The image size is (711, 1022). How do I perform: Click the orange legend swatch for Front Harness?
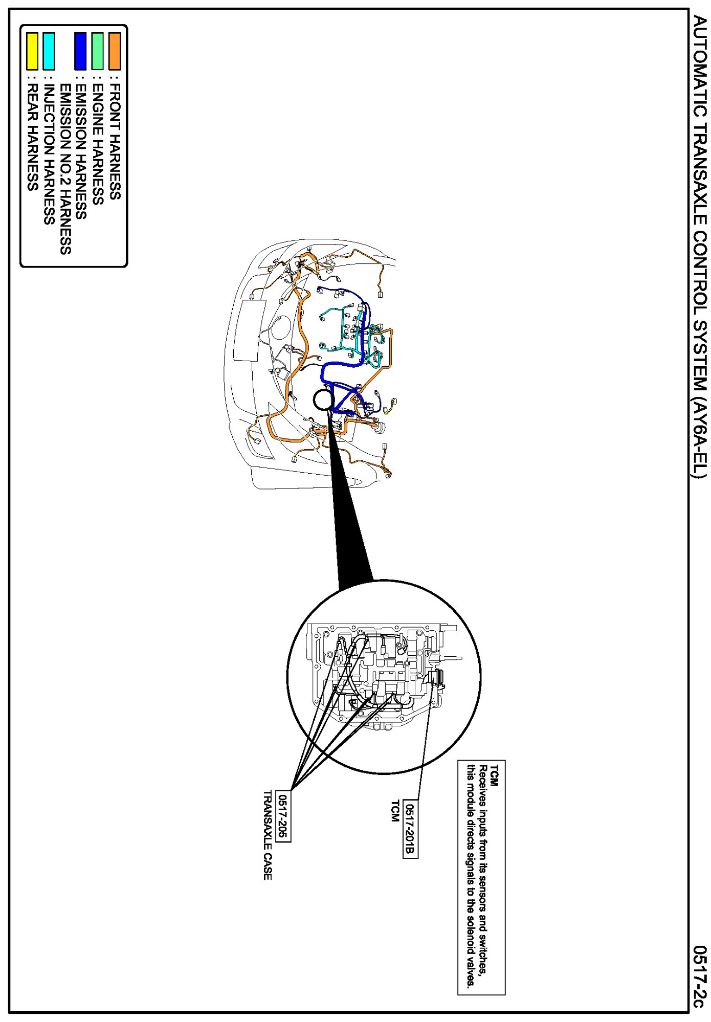(x=115, y=51)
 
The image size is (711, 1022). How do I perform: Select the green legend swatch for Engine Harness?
(x=97, y=51)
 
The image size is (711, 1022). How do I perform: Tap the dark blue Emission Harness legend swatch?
(x=80, y=51)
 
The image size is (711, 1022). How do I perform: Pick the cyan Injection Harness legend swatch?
(x=49, y=51)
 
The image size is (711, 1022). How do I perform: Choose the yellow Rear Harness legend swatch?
(x=32, y=51)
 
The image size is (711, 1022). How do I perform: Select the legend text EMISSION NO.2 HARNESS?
(x=65, y=169)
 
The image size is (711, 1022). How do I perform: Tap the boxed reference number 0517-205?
(x=283, y=815)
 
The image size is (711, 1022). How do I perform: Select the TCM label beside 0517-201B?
(x=394, y=811)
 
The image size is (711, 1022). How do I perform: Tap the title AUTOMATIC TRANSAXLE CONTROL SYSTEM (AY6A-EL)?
(x=699, y=247)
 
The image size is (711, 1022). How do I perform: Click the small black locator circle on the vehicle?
(x=323, y=400)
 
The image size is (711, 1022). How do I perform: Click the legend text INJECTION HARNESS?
(x=49, y=154)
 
